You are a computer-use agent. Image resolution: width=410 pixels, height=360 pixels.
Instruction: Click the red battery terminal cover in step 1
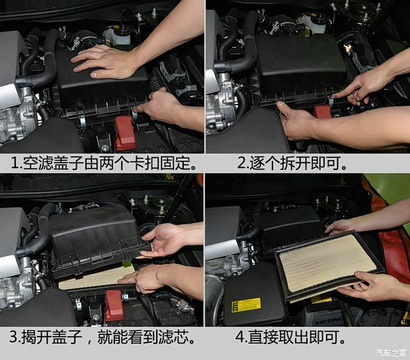[x=125, y=133]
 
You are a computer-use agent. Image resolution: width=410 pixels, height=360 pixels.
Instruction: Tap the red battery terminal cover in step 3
[x=114, y=306]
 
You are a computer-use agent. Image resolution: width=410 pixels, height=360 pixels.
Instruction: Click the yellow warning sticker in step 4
[x=246, y=305]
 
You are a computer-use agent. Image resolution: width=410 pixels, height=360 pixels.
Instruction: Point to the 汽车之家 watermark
[x=391, y=353]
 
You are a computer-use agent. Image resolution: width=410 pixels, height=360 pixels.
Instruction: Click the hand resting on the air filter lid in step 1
[x=104, y=62]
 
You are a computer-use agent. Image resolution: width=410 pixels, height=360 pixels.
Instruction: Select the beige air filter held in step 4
[x=330, y=264]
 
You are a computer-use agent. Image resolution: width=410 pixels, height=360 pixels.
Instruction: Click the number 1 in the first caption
[x=15, y=163]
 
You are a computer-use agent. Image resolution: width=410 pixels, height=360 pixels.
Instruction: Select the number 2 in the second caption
[x=241, y=163]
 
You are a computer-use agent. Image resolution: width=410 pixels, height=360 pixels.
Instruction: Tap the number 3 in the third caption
[x=14, y=337]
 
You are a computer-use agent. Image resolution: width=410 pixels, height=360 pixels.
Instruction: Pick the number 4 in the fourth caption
[x=240, y=337]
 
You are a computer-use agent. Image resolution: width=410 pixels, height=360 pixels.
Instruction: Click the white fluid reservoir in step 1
[x=118, y=36]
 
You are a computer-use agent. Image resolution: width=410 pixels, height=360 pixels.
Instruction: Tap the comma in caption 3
[x=90, y=341]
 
